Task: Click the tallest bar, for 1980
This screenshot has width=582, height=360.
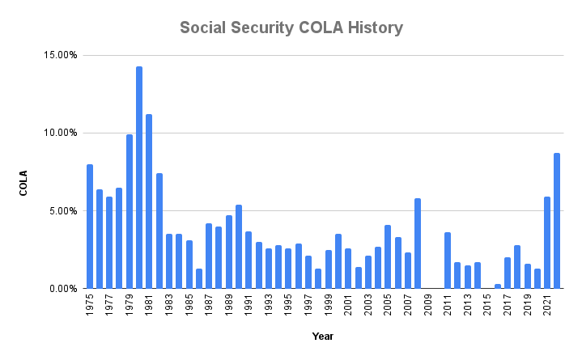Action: [x=139, y=177]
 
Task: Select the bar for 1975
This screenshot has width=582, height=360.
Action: [x=90, y=227]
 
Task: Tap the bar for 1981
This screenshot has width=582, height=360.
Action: [x=149, y=201]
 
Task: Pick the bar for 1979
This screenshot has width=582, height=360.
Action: [x=130, y=211]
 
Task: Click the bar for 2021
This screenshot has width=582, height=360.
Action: [x=547, y=243]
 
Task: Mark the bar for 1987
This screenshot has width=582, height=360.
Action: [x=209, y=256]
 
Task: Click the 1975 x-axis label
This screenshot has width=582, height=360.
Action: [x=90, y=305]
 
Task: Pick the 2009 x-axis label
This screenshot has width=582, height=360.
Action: [x=428, y=305]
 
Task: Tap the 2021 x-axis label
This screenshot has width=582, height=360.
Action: [x=547, y=305]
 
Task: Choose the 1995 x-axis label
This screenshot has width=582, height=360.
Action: [x=288, y=305]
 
